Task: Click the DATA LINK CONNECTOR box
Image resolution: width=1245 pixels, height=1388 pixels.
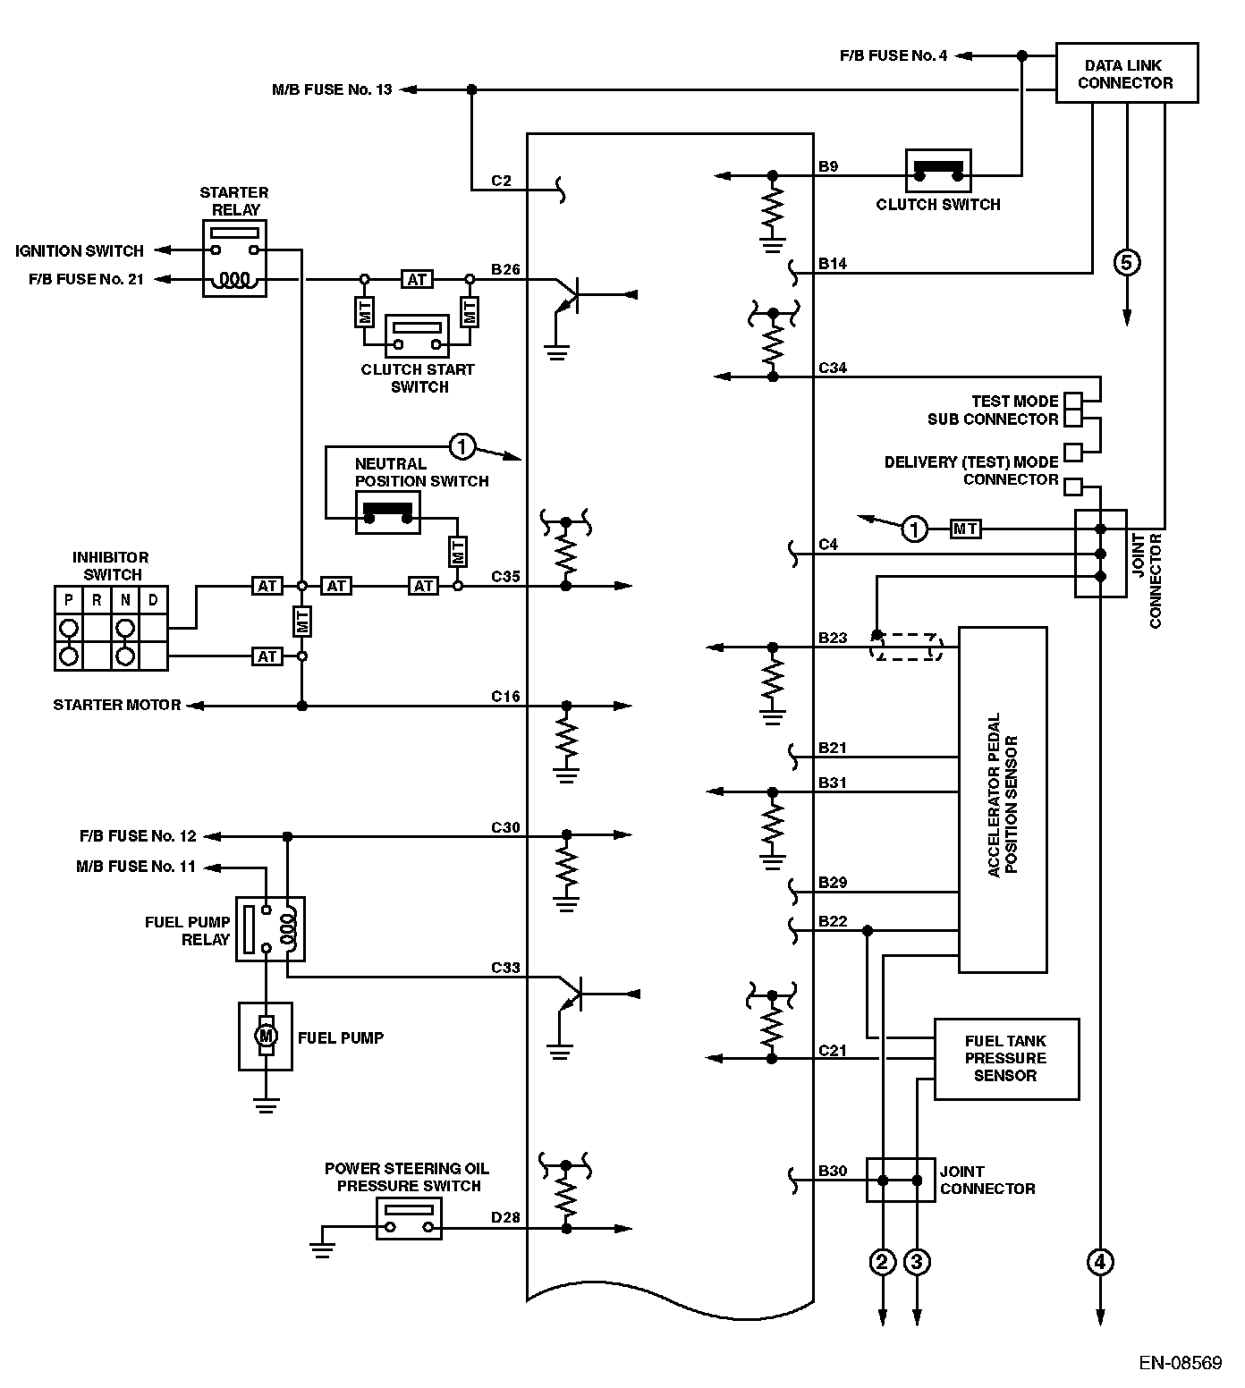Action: pyautogui.click(x=1126, y=73)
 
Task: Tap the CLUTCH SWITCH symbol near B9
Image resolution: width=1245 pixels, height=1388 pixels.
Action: pyautogui.click(x=938, y=170)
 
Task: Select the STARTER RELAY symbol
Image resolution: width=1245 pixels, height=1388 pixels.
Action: pyautogui.click(x=234, y=258)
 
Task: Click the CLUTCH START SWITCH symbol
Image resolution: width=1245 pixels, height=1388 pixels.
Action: pyautogui.click(x=417, y=335)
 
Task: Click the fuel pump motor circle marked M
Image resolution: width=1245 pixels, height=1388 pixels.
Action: pyautogui.click(x=265, y=1035)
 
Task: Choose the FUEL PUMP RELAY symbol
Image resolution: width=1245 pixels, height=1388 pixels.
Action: pyautogui.click(x=270, y=929)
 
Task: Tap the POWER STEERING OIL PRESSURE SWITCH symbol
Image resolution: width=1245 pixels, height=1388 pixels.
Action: pyautogui.click(x=409, y=1219)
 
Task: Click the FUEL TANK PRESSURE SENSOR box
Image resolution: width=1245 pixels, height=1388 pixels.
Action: pyautogui.click(x=1006, y=1059)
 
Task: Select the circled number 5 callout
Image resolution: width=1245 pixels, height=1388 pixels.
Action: pyautogui.click(x=1126, y=262)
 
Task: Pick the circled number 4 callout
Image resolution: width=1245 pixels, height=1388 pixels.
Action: pyautogui.click(x=1100, y=1262)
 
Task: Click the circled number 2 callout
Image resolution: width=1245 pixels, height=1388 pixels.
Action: pyautogui.click(x=883, y=1262)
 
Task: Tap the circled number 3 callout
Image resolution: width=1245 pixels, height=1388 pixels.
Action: pyautogui.click(x=917, y=1262)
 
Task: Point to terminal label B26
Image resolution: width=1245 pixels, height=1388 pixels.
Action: pyautogui.click(x=505, y=268)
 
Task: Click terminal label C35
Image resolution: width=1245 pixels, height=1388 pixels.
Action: pyautogui.click(x=505, y=577)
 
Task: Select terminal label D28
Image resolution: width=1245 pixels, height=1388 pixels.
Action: pyautogui.click(x=505, y=1218)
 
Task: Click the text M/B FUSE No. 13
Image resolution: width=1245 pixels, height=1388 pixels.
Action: pyautogui.click(x=332, y=89)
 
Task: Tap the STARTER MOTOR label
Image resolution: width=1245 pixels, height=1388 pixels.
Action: pyautogui.click(x=117, y=705)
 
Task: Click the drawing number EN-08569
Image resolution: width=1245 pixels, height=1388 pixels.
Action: pyautogui.click(x=1180, y=1364)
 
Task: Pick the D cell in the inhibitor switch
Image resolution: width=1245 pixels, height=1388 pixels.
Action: pyautogui.click(x=153, y=600)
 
